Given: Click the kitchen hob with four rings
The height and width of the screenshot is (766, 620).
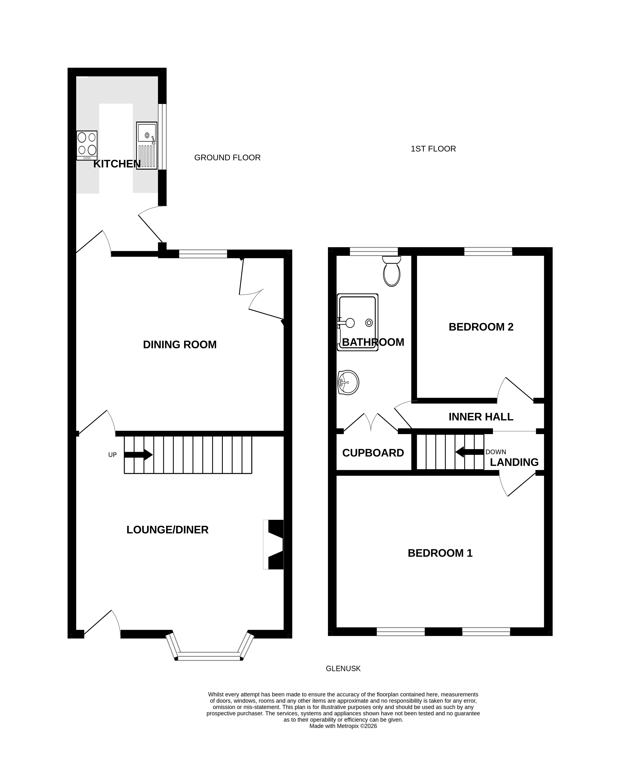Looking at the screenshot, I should pos(87,145).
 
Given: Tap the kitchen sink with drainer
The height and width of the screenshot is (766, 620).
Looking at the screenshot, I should pos(146,146).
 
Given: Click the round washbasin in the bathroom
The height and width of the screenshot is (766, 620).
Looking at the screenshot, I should pos(348,382).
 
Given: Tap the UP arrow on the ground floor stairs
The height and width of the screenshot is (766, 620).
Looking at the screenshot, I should pos(138,455).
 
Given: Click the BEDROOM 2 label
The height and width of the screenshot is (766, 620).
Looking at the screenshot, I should pos(481,327).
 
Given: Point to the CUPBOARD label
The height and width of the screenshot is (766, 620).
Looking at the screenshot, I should pos(373,453).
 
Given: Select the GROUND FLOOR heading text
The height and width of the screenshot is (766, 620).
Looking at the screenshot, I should pos(227,158).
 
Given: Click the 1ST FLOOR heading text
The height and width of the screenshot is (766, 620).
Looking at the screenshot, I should pos(433,149).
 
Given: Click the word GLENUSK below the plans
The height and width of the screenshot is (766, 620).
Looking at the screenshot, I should pos(343,668).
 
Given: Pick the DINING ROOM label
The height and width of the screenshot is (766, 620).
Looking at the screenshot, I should pos(180,345).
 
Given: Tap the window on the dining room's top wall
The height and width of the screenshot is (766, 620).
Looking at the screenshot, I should pos(203,254).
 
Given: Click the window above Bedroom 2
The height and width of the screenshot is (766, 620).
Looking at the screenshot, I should pos(488,251).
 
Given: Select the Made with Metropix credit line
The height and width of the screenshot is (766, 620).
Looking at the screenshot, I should pos(343,726).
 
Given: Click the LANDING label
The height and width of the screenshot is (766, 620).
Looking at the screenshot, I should pos(514,462).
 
